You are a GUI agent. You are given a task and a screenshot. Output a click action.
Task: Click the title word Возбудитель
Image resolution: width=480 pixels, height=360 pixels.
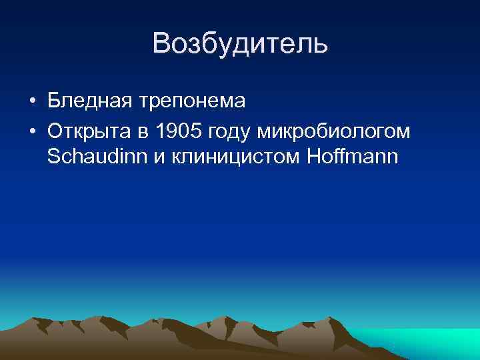240,45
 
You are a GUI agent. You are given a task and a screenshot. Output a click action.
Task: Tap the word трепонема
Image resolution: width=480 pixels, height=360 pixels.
193,101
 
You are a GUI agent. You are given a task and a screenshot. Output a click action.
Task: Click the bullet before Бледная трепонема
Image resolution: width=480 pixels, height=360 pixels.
32,102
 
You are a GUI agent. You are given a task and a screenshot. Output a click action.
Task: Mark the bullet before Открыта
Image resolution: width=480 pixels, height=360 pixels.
32,132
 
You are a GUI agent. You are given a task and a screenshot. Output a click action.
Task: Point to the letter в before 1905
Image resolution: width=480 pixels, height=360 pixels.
147,133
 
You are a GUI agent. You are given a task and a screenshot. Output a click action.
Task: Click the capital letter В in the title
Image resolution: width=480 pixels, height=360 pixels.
161,45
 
